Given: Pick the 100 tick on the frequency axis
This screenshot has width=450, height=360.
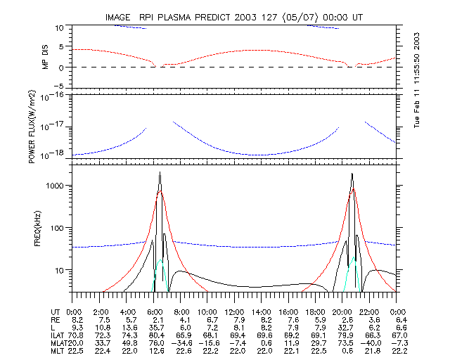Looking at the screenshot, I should [x=57, y=228].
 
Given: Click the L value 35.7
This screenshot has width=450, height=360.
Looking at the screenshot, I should [x=153, y=328].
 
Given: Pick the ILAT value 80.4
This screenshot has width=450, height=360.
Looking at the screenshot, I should [x=153, y=336].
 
